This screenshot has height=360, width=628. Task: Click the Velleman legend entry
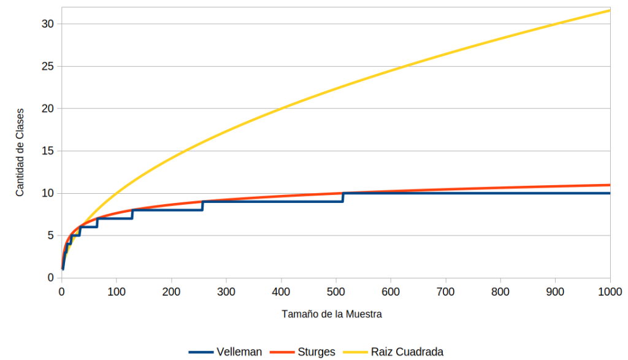[x=226, y=351]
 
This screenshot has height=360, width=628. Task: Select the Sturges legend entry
[x=302, y=351]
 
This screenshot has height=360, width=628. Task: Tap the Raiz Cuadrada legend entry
[x=393, y=351]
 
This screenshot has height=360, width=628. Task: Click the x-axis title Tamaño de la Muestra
[x=332, y=314]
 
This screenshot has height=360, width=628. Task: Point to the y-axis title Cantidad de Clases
[x=20, y=153]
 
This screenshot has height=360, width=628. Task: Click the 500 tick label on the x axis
[x=335, y=291]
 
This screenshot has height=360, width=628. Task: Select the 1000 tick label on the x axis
[x=610, y=291]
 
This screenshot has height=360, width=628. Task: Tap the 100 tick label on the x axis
[x=116, y=291]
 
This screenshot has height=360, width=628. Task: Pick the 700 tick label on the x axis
[x=445, y=291]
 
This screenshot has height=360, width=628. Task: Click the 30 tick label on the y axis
[x=48, y=24]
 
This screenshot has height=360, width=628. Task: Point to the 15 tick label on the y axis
[x=48, y=151]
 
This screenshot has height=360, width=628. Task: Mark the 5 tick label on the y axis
[x=50, y=236]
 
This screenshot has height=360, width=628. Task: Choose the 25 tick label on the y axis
[x=48, y=66]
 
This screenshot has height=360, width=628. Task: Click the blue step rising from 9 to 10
[x=343, y=197]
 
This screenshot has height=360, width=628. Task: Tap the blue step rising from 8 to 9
[x=202, y=206]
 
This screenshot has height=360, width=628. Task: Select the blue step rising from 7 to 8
[x=132, y=214]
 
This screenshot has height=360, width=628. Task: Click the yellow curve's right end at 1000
[x=610, y=10]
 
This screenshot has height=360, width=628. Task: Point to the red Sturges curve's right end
[x=610, y=185]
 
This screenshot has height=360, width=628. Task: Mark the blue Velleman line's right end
[x=610, y=193]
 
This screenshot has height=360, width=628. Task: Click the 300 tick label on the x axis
[x=226, y=291]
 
